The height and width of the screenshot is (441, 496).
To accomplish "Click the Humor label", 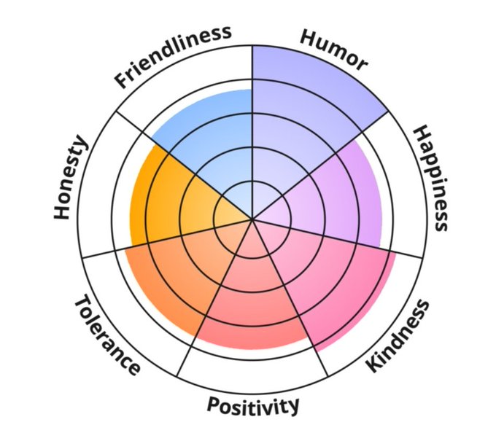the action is pos(331,52).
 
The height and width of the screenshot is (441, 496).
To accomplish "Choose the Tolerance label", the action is pos(106,336).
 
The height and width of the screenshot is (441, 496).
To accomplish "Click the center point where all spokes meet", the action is pos(252,219).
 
